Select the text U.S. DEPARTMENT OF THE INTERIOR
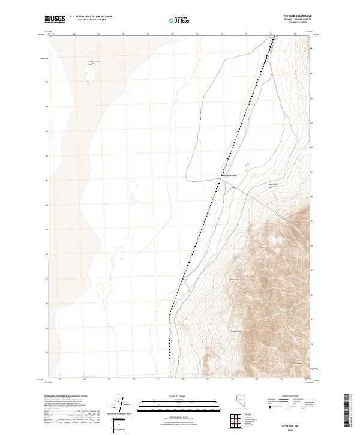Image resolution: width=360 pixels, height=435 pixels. click(91, 17)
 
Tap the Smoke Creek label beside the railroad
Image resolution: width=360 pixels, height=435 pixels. click(221, 176)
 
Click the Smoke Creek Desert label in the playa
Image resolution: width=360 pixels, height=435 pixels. click(94, 62)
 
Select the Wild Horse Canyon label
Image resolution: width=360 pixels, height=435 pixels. click(273, 185)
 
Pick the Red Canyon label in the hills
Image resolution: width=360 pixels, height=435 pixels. click(235, 278)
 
